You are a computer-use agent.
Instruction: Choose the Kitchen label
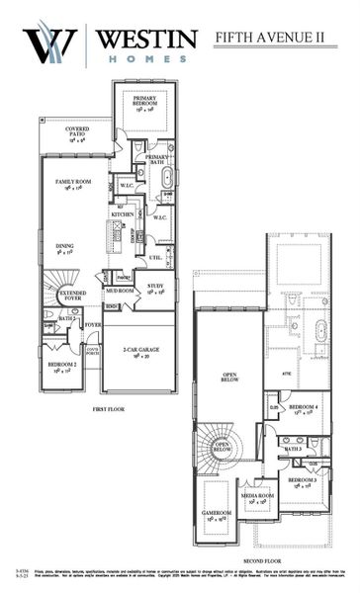coord(123,213)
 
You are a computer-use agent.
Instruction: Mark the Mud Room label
coord(119,293)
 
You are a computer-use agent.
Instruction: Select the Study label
coord(156,291)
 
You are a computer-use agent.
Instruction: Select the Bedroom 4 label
coord(302,409)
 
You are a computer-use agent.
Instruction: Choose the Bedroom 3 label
coord(302,481)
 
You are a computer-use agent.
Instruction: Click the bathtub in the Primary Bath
coord(165,179)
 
